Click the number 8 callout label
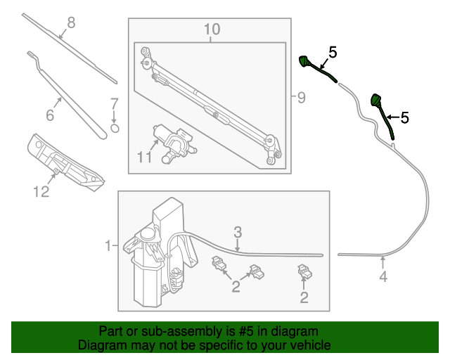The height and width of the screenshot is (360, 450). click(x=70, y=23)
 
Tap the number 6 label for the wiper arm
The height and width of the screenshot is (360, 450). click(x=50, y=115)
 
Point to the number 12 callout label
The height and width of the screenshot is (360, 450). click(x=41, y=191)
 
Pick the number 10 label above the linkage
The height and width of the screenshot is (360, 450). click(x=212, y=29)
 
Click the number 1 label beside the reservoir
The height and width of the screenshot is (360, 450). click(x=108, y=246)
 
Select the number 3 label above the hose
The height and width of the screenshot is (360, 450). click(x=238, y=231)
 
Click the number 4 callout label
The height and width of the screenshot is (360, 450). click(x=383, y=276)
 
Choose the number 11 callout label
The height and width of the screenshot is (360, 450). click(x=144, y=157)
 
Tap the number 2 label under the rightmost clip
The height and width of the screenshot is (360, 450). click(x=304, y=298)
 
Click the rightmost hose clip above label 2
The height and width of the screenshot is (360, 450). click(x=304, y=271)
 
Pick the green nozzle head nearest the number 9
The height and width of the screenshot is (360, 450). click(x=305, y=61)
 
